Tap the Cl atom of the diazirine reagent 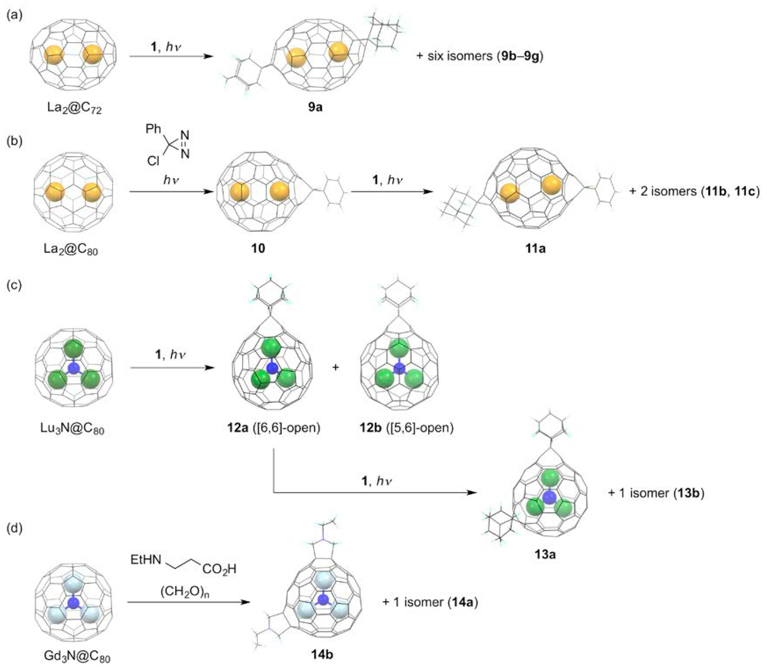point(153,161)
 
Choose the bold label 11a point(535,248)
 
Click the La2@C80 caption point(70,249)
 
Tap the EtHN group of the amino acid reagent point(146,560)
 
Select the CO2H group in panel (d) point(220,569)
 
